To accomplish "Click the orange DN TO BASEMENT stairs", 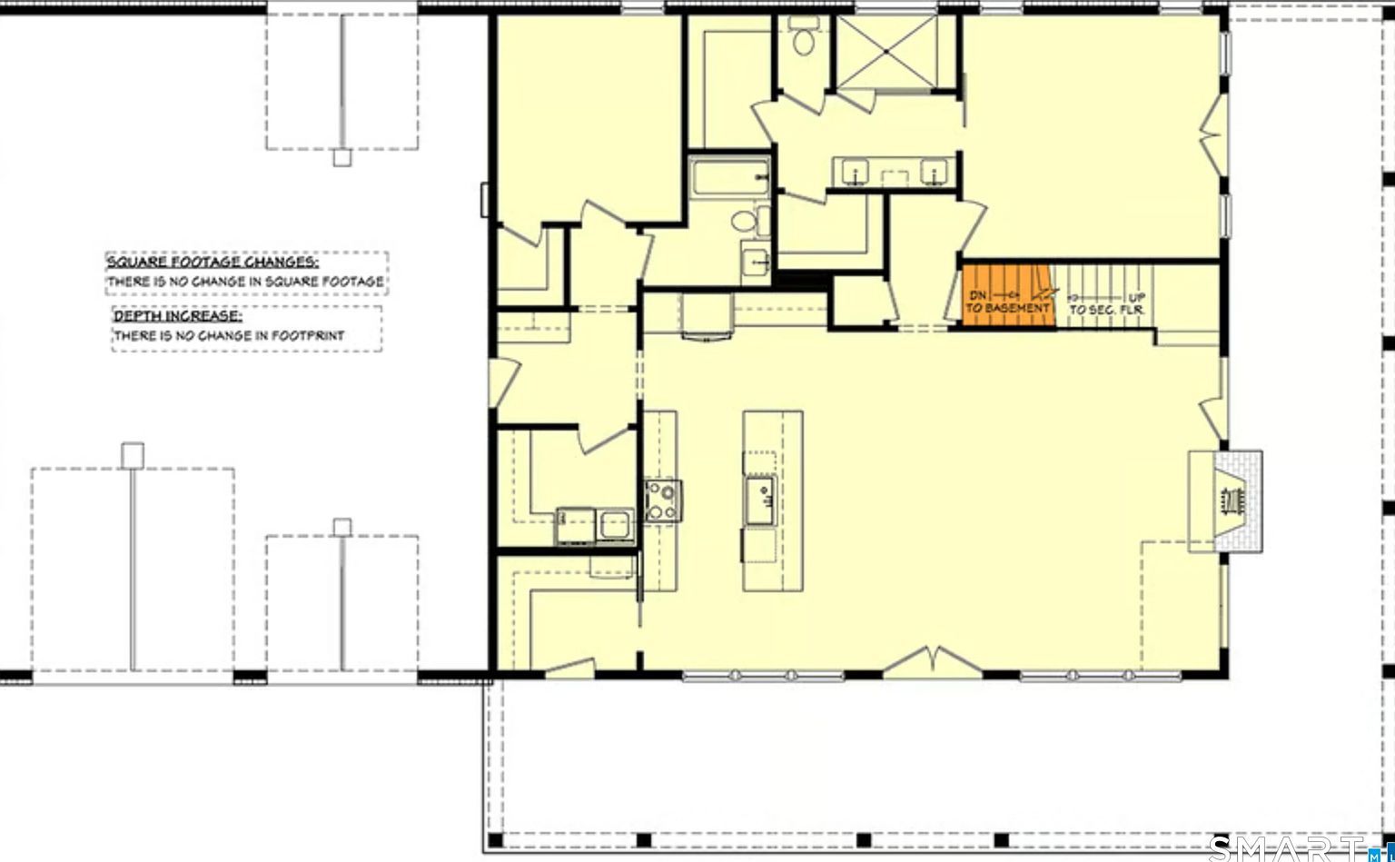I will [x=1006, y=292].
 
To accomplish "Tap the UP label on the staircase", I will [x=1137, y=297].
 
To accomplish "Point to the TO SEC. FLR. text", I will [x=1107, y=310].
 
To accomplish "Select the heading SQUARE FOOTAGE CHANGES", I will [x=213, y=262].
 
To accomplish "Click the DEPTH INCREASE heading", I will [x=178, y=316].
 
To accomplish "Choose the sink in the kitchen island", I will [x=761, y=500].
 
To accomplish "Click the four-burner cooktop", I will [x=663, y=500].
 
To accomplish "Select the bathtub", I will [x=730, y=178].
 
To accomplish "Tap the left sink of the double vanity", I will [x=854, y=171].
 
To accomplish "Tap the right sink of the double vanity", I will [x=933, y=171].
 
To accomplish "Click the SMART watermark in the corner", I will [x=1290, y=847].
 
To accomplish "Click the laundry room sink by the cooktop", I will [x=616, y=524].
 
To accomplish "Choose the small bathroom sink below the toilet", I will [x=756, y=259].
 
